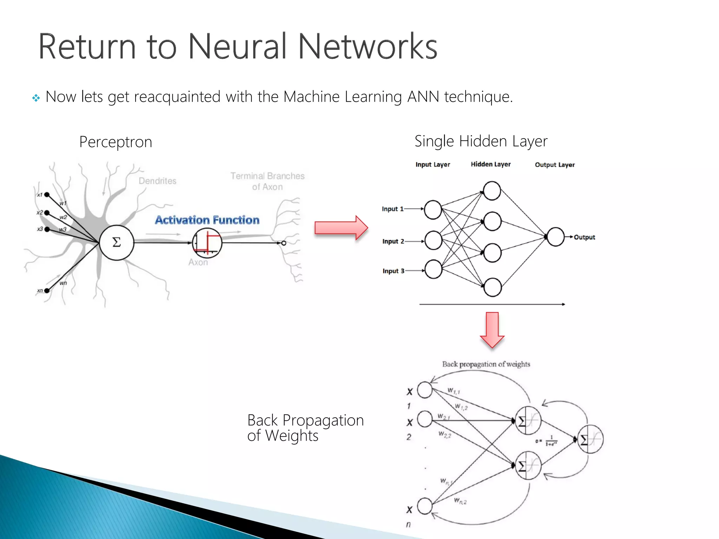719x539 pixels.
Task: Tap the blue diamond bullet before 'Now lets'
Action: [x=36, y=98]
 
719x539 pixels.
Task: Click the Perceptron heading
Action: [x=116, y=142]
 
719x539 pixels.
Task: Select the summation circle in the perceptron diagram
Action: [x=117, y=242]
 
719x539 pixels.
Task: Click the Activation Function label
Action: [x=207, y=220]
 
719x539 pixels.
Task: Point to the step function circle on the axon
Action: [x=207, y=243]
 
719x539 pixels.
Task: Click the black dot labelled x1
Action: [x=47, y=195]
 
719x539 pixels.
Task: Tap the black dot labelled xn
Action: [x=47, y=291]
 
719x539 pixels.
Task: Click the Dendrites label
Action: [x=157, y=181]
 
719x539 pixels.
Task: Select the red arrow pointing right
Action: [x=341, y=228]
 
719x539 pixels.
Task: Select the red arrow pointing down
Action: [x=492, y=329]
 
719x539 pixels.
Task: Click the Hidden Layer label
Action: [x=490, y=164]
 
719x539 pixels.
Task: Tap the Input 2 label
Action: [x=393, y=241]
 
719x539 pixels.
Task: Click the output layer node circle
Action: [x=555, y=237]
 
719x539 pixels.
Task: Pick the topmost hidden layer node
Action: [x=492, y=191]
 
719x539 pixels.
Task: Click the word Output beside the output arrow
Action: [x=584, y=237]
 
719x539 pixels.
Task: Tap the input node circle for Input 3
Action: [x=433, y=269]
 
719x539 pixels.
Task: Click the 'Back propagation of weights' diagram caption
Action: [x=486, y=364]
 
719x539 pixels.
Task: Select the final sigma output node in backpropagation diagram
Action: [x=590, y=439]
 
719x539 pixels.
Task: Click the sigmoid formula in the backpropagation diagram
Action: [x=547, y=441]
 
